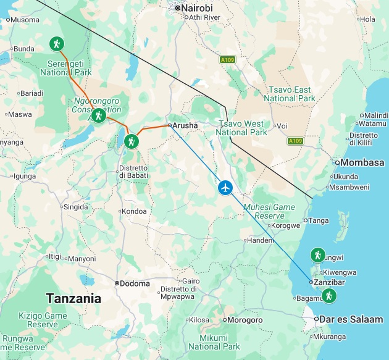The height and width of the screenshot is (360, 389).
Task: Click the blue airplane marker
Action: [225, 187]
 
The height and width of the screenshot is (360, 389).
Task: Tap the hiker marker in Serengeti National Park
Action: [56, 44]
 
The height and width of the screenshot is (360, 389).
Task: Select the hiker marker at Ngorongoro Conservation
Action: [98, 115]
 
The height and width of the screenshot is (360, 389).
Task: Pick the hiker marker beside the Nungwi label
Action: [317, 254]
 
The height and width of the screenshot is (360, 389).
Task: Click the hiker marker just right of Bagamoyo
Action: [329, 296]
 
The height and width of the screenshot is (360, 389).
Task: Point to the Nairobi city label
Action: [198, 8]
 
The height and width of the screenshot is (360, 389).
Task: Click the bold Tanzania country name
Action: [73, 298]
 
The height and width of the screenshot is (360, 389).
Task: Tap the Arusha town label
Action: [185, 125]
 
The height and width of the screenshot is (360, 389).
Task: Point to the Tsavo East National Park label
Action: [289, 94]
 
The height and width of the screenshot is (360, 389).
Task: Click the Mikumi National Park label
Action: [214, 342]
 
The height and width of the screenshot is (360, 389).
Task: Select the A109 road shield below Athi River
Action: [228, 59]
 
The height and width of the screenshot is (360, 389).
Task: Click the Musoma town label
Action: [25, 20]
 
